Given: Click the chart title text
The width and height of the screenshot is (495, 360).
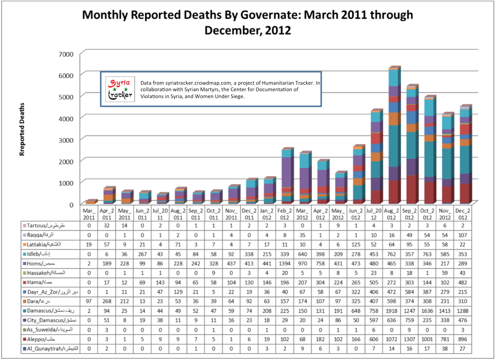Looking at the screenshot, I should (x=247, y=22).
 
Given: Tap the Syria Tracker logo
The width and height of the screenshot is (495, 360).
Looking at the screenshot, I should (x=119, y=89).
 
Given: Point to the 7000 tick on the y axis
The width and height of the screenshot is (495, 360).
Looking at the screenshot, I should (x=65, y=54).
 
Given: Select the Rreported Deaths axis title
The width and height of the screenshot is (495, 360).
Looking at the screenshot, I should (x=22, y=129).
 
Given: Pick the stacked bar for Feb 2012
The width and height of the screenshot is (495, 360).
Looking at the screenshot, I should (x=286, y=177).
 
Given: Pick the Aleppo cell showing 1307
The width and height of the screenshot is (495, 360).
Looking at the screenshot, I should (x=410, y=339).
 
